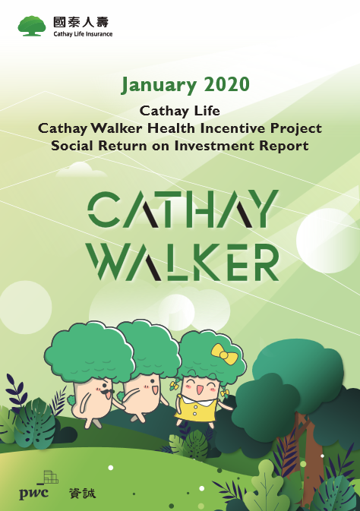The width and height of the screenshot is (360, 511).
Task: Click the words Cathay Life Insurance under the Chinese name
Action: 82,34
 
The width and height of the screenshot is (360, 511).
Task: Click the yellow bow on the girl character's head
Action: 223,353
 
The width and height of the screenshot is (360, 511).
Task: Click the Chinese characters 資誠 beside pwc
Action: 82,493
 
